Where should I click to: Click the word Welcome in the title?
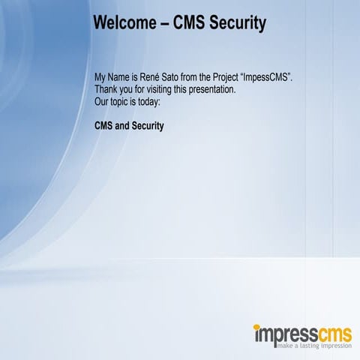124,24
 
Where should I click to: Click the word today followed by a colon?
150,100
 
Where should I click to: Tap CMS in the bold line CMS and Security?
103,125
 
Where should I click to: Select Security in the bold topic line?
148,125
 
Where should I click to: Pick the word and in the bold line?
122,125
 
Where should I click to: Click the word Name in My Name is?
119,78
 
